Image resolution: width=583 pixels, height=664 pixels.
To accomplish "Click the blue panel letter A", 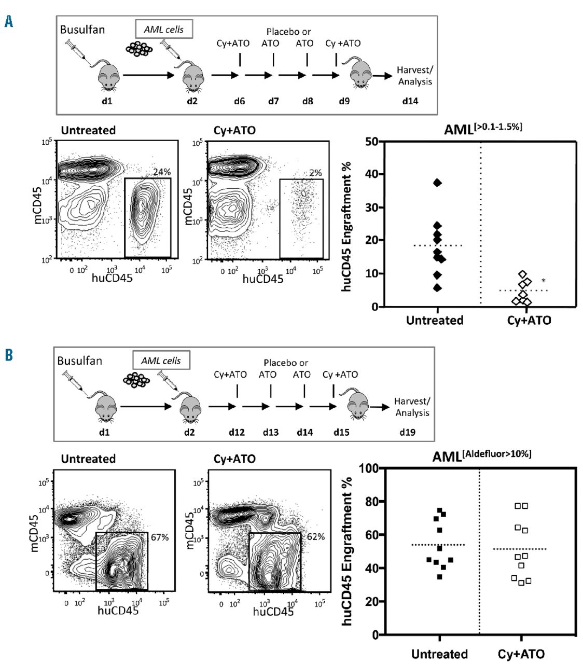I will pos(8,21).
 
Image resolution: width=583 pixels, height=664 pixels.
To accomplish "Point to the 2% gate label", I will pos(315,173).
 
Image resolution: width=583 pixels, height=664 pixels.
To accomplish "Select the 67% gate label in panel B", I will pos(160,537).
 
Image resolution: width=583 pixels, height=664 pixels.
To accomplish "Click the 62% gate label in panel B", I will pos(316,536).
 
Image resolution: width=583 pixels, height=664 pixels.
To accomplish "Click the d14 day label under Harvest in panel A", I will pos(410,101).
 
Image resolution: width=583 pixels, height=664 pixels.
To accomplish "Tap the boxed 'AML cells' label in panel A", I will pos(164,30).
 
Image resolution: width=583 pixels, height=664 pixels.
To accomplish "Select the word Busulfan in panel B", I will pos(79,361).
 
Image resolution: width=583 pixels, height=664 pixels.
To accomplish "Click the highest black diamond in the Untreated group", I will pos(438,183).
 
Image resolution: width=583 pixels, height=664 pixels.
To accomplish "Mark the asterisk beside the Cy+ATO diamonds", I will pos(544,281).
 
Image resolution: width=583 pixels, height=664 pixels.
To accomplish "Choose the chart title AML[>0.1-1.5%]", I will pos(483,129).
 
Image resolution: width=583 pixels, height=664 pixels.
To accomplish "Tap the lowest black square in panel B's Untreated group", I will pos(440,576).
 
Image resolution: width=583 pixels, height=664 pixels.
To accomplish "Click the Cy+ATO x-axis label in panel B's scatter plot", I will pos(521,654).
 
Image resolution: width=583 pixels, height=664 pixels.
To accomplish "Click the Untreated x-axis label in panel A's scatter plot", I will pos(435,321).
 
